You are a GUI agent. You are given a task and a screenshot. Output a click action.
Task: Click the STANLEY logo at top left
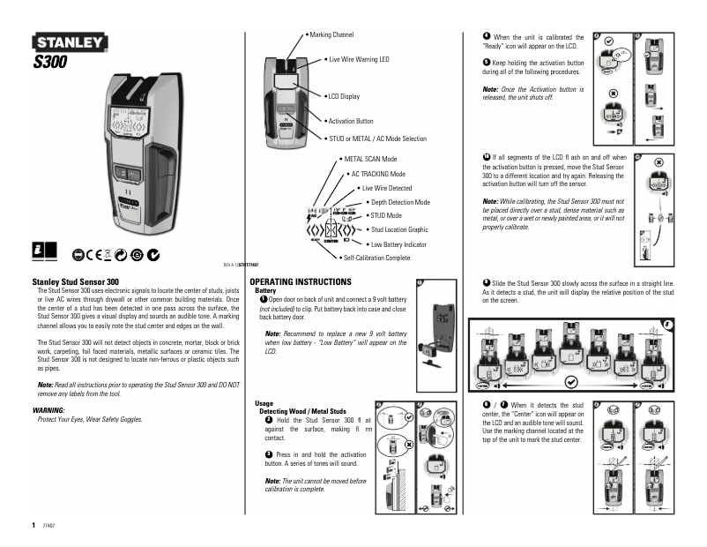click(x=71, y=42)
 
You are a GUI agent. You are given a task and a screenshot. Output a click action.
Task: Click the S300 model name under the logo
click(x=50, y=62)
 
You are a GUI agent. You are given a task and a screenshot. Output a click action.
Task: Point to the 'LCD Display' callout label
click(x=343, y=96)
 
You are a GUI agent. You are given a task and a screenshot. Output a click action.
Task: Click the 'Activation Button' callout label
click(x=350, y=121)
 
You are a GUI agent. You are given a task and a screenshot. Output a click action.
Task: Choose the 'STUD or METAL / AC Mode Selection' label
click(x=376, y=139)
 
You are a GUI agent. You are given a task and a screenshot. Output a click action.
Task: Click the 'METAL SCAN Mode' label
click(x=370, y=159)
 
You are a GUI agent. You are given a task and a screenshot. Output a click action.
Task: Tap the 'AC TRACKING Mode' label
click(x=378, y=174)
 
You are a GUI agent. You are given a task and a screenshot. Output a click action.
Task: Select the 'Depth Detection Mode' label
click(x=400, y=202)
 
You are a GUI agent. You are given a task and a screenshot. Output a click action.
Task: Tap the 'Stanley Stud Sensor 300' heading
click(x=70, y=281)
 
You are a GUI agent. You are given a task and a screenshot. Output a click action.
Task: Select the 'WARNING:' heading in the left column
click(x=48, y=410)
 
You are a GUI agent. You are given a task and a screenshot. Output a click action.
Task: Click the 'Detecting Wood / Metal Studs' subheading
click(x=302, y=411)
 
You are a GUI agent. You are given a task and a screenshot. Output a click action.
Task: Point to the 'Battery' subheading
click(x=265, y=290)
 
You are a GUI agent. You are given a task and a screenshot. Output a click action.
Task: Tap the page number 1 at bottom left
click(x=33, y=524)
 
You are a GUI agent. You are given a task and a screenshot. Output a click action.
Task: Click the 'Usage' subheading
click(x=261, y=403)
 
